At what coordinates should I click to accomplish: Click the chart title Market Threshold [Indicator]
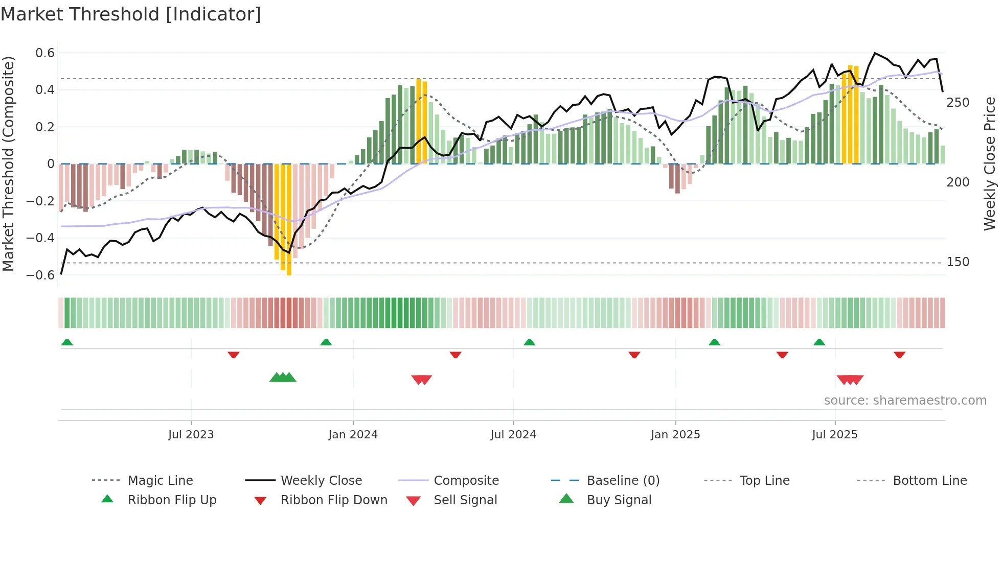[131, 14]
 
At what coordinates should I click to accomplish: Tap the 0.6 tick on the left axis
[45, 53]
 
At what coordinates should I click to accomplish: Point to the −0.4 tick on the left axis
[40, 238]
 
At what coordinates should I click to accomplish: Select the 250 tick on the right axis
[958, 103]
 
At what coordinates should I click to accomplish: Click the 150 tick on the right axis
[958, 262]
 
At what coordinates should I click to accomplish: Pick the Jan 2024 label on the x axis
[353, 435]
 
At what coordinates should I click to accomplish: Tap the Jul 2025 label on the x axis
[834, 435]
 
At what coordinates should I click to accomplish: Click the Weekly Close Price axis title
[990, 163]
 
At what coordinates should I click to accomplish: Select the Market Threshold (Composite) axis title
[8, 163]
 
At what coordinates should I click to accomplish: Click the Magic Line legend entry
[160, 481]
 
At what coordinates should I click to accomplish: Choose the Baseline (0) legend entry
[623, 481]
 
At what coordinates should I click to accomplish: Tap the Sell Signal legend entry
[465, 500]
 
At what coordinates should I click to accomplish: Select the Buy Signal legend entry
[619, 500]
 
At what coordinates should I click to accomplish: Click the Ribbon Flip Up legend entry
[172, 500]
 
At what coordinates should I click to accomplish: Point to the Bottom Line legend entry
[929, 481]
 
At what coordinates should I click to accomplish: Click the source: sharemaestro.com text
[905, 401]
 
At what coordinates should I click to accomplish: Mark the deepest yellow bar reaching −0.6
[289, 220]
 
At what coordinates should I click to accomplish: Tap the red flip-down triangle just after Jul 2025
[899, 355]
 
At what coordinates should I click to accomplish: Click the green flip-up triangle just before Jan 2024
[326, 342]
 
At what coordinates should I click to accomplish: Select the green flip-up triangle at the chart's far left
[67, 342]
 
